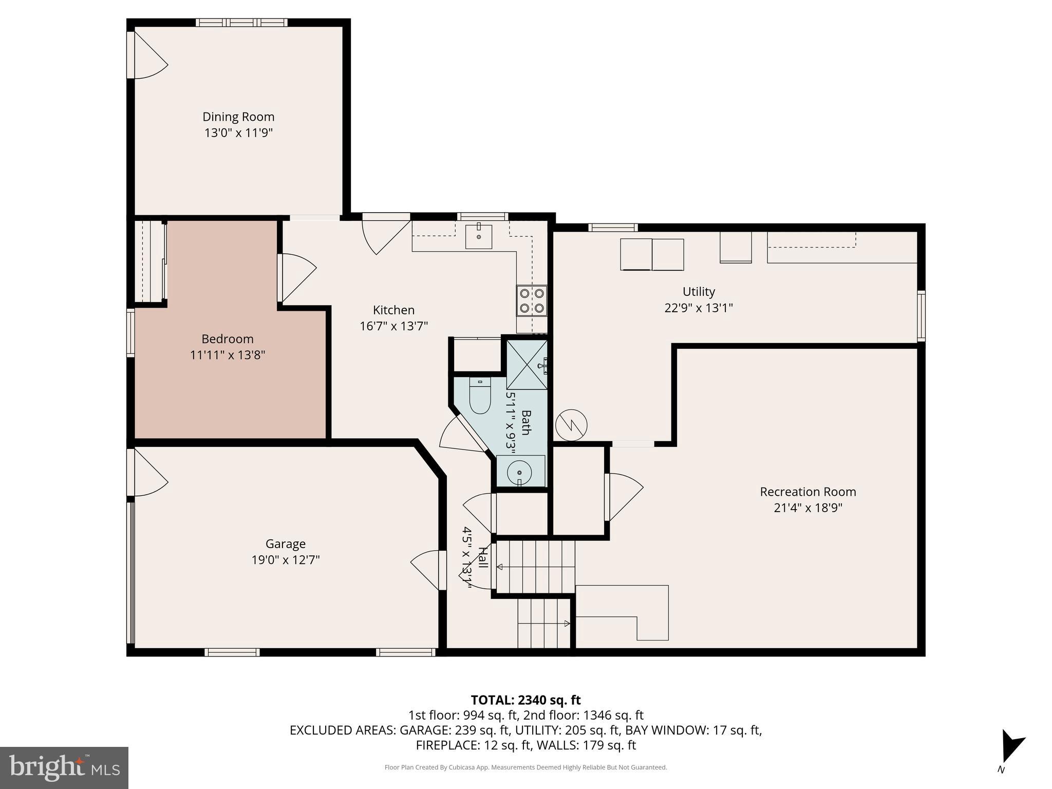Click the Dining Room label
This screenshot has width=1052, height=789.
238,117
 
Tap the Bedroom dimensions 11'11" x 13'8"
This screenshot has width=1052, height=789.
228,355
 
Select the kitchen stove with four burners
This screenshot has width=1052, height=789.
532,301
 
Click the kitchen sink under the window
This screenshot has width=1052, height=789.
478,236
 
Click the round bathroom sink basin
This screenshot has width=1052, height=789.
519,472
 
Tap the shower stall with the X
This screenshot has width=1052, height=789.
527,364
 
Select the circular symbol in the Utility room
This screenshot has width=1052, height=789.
571,425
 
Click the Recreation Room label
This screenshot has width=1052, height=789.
807,492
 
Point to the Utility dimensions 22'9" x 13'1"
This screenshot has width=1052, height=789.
698,308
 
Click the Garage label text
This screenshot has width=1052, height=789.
285,543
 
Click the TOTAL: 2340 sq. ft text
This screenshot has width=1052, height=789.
525,700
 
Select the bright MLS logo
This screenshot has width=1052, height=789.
64,767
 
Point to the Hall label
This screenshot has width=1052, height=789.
482,557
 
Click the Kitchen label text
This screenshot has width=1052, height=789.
393,310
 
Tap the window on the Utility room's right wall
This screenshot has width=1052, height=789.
921,316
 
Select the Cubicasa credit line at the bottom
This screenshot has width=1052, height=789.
525,767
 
